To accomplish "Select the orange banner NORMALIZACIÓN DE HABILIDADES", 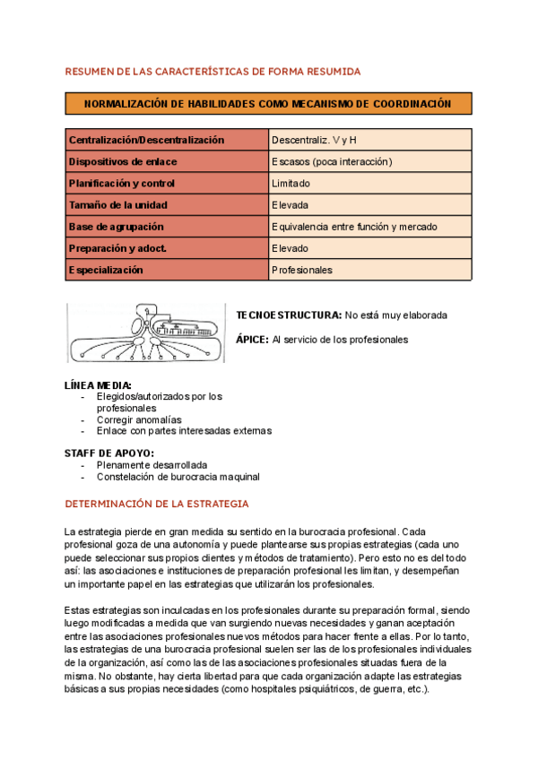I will (x=268, y=104).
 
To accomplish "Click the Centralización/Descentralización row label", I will (x=147, y=140).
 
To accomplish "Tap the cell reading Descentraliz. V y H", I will (x=315, y=140).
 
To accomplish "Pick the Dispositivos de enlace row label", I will (x=124, y=161).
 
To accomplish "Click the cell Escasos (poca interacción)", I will (x=333, y=161).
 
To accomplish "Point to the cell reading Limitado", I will (x=291, y=183).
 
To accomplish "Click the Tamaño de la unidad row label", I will (x=118, y=204).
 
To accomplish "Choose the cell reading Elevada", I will (x=290, y=204).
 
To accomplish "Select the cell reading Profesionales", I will (x=302, y=270).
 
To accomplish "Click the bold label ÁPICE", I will (x=252, y=340).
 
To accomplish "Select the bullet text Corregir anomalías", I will (x=139, y=419).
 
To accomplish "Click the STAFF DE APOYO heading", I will (x=109, y=453).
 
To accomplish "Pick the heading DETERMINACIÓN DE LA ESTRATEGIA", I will (x=157, y=504).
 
